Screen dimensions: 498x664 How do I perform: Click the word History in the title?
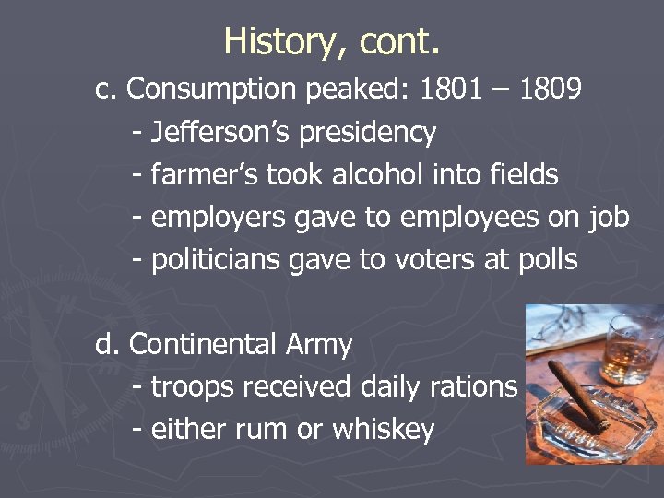point(268,41)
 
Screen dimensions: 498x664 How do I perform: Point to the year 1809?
point(551,89)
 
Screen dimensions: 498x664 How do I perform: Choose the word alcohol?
point(370,174)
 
